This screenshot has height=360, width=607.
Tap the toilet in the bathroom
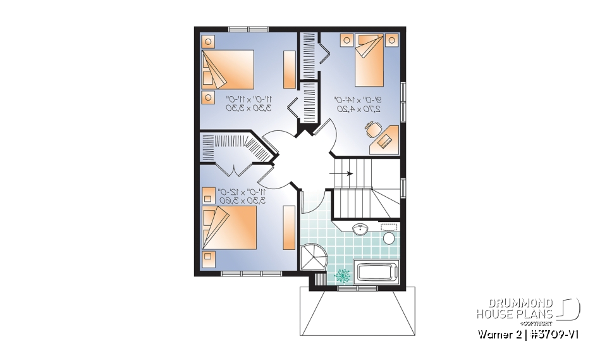click(389, 238)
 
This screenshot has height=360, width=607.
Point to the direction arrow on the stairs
click(344, 173)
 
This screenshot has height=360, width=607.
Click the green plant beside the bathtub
click(343, 275)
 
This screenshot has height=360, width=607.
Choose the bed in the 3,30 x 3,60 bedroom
click(229, 228)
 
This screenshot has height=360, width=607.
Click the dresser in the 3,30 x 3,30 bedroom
click(289, 69)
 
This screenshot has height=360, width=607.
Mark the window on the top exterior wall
click(248, 28)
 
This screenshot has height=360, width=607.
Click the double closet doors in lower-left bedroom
click(234, 170)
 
